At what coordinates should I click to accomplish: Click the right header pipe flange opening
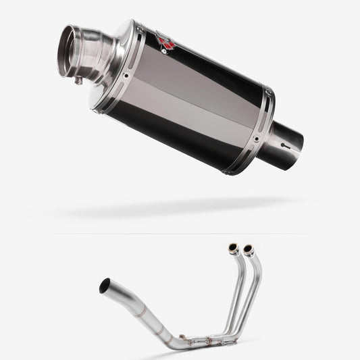point(248,249)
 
